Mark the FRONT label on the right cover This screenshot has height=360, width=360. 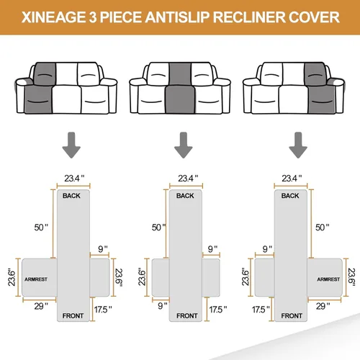(x=292, y=315)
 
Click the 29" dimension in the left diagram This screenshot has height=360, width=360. (x=40, y=307)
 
